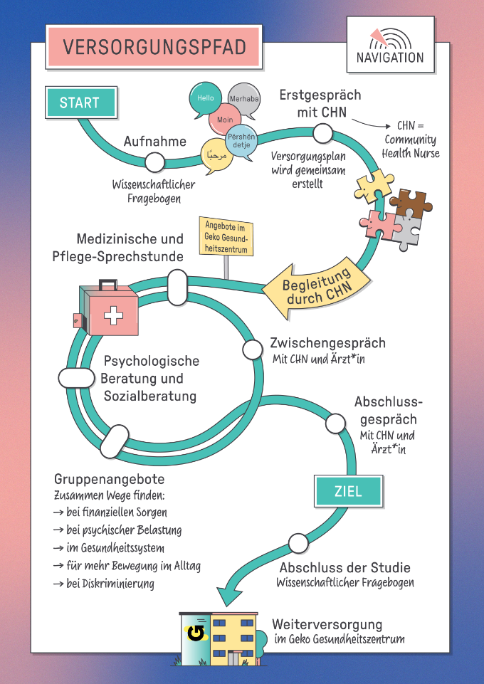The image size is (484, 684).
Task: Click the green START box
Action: [80, 102]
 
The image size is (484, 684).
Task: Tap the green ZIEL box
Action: [348, 491]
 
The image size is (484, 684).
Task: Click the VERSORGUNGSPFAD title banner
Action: [154, 47]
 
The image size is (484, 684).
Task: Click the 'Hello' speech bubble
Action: [205, 99]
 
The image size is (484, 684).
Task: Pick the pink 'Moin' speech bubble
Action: [226, 120]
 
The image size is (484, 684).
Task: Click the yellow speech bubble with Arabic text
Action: [216, 154]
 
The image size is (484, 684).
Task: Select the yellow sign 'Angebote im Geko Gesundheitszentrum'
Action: [224, 238]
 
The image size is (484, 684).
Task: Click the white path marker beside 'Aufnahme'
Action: [154, 162]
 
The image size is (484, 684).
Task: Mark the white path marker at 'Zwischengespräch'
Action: [253, 349]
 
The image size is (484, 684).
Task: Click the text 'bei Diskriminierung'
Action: [110, 584]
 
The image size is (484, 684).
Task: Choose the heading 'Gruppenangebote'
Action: [109, 479]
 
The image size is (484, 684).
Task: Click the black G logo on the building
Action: [194, 631]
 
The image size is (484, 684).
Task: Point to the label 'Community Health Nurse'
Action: [411, 146]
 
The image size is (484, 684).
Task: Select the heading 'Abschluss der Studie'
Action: [344, 567]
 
